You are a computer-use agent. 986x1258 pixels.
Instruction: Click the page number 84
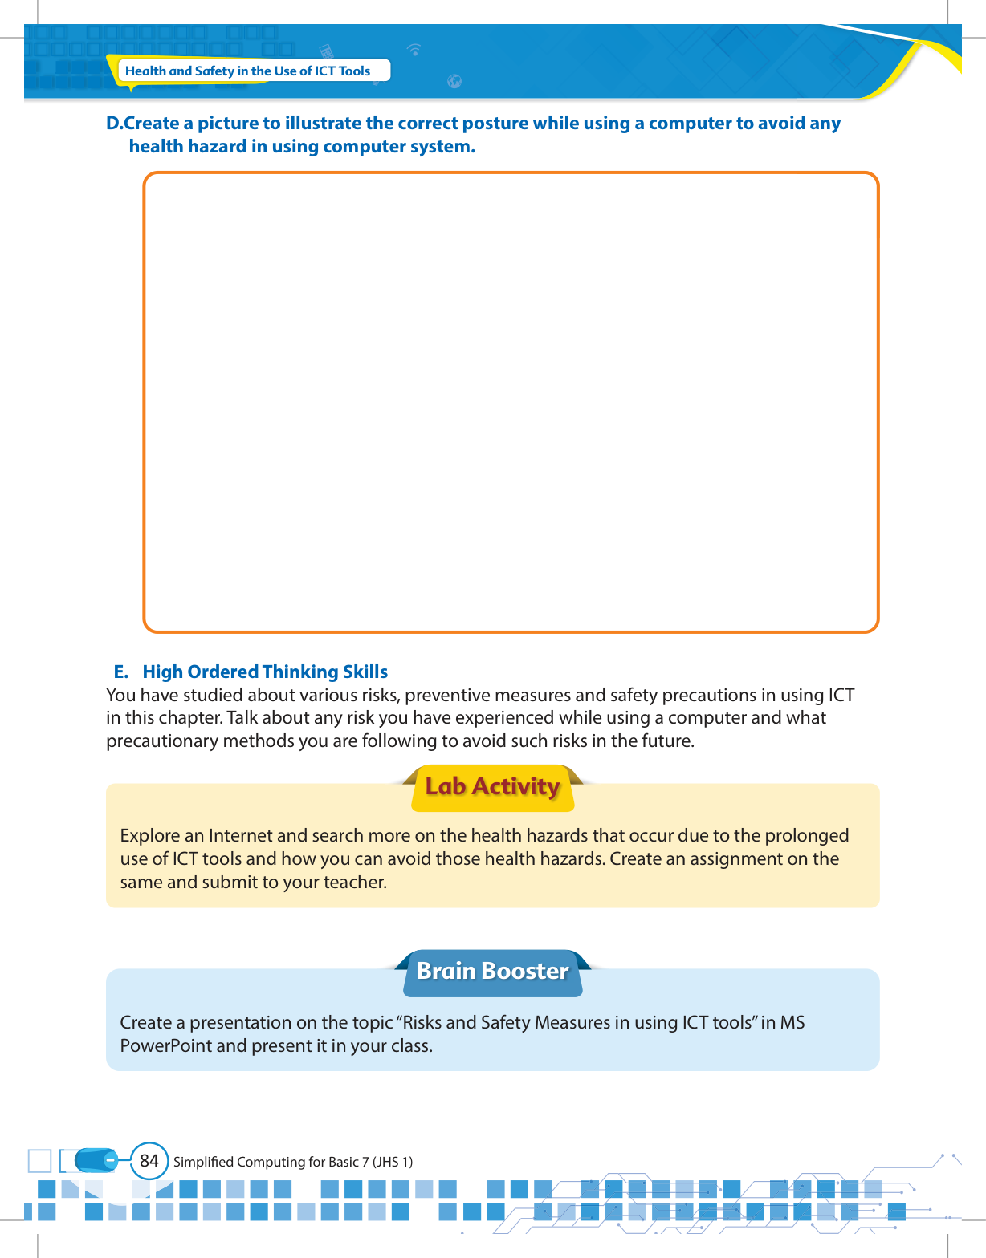(x=149, y=1160)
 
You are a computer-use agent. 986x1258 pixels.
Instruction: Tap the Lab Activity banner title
(x=492, y=787)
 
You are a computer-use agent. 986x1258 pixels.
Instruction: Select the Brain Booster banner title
(x=492, y=971)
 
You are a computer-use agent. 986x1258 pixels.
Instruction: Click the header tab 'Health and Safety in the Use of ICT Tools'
(x=247, y=71)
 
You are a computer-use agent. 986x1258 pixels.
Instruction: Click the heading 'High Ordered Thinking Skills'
(x=265, y=672)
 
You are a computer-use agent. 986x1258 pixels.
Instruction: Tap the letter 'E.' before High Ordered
(x=121, y=672)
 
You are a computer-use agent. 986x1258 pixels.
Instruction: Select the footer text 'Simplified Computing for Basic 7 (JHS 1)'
(x=293, y=1162)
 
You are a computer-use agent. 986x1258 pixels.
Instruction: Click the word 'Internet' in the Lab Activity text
(x=240, y=835)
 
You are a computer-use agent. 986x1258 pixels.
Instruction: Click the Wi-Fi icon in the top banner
(x=414, y=50)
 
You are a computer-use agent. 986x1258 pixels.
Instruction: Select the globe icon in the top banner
(x=454, y=81)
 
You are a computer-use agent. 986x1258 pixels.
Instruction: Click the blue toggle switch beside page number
(x=97, y=1160)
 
